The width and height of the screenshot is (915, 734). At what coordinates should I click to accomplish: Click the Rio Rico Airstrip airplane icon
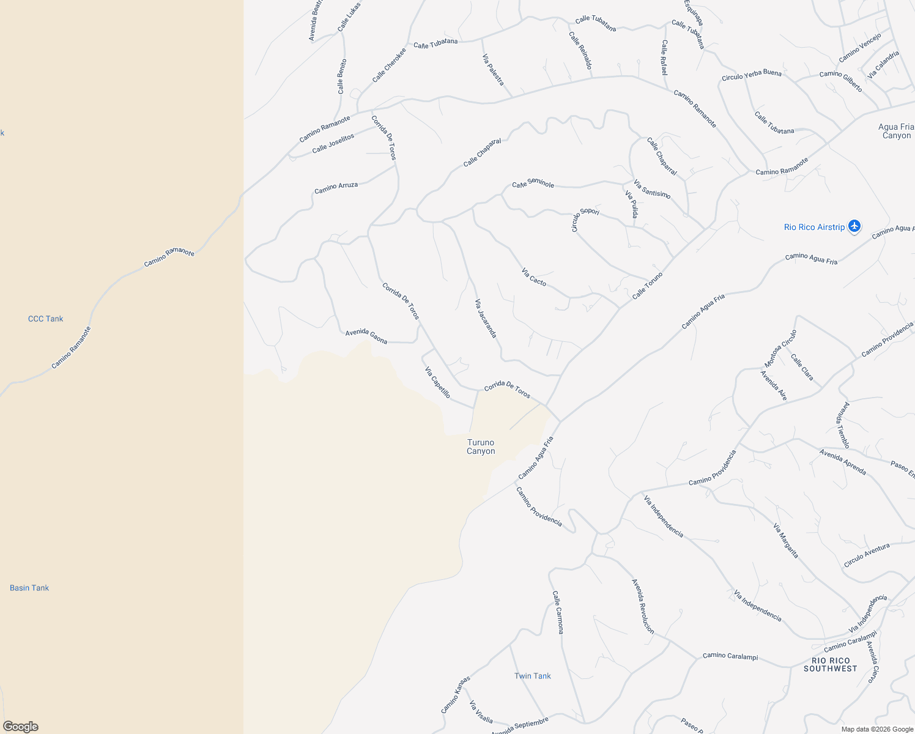point(854,227)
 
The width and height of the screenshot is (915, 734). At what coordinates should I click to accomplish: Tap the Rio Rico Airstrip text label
point(814,228)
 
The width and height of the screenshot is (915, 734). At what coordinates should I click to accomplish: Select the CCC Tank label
point(45,319)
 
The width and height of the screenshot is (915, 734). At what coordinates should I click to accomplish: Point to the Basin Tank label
point(29,588)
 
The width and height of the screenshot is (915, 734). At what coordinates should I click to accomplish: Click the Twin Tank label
point(532,676)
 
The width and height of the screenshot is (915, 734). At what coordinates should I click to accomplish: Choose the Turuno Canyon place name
point(481,447)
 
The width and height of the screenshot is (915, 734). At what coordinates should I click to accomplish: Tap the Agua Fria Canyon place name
point(896,131)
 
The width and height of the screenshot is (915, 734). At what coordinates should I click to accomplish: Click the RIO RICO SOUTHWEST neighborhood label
point(831,665)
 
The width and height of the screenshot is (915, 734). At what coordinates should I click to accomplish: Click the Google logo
point(20,726)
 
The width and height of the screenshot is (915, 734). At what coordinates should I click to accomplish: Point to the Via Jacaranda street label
point(486,319)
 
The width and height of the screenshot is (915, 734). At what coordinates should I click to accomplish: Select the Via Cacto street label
point(534,276)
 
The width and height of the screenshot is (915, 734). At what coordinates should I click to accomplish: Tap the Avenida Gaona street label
point(366,336)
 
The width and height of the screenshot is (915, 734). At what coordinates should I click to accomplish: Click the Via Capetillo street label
point(437,382)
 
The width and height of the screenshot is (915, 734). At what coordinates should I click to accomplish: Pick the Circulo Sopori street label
point(584,220)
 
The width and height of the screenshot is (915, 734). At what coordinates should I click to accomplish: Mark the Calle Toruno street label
point(647,286)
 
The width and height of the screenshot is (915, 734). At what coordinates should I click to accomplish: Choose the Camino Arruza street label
point(336,188)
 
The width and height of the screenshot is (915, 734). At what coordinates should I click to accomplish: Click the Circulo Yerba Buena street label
point(752,75)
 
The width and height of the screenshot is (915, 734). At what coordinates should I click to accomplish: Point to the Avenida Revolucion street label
point(643,606)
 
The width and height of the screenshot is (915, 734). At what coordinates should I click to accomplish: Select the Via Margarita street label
point(786,541)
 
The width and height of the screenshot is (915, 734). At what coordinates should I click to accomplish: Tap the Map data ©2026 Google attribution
point(877,729)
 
